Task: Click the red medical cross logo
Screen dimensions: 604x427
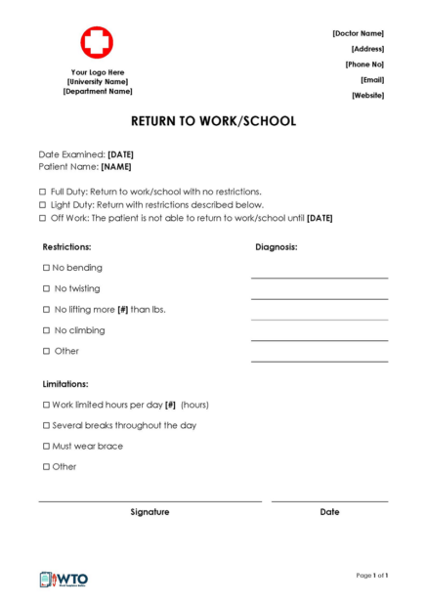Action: [97, 43]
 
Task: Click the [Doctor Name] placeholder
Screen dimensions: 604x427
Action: [358, 33]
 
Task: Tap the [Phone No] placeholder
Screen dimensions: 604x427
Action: [364, 65]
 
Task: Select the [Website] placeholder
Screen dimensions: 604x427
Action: [367, 95]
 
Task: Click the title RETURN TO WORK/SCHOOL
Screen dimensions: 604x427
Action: [213, 122]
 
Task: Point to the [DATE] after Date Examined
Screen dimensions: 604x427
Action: [120, 154]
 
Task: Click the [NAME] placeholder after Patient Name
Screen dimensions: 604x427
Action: [116, 167]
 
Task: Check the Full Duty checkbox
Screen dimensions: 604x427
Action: [42, 192]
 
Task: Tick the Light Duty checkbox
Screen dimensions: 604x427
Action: [42, 205]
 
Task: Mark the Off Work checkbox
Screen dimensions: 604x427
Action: [42, 218]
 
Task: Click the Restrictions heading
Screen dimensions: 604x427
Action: [66, 247]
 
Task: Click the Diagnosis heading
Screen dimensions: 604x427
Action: [277, 247]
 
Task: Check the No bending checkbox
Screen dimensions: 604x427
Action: [46, 268]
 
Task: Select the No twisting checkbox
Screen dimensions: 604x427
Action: [46, 289]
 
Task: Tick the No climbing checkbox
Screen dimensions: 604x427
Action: [46, 330]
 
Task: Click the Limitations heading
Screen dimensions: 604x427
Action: [65, 384]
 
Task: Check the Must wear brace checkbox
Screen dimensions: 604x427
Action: [46, 447]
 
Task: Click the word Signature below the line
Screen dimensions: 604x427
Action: [149, 512]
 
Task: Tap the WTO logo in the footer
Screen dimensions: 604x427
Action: [64, 579]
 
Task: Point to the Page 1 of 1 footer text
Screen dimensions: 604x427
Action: [372, 576]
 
